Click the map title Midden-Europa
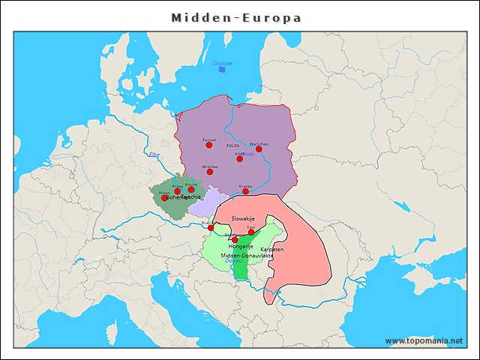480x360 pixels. (x=236, y=17)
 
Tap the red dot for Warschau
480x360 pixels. (x=259, y=148)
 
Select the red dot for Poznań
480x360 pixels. (x=209, y=145)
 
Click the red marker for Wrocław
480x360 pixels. (x=210, y=172)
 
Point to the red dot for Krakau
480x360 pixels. (x=245, y=191)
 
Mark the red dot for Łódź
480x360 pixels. (x=239, y=158)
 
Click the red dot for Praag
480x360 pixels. (x=178, y=190)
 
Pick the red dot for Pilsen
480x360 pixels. (x=164, y=198)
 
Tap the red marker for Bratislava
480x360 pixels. (x=211, y=227)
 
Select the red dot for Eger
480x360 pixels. (x=251, y=232)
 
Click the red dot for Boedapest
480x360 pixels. (x=235, y=239)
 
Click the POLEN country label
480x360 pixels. (x=232, y=145)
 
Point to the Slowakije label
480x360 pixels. (x=244, y=218)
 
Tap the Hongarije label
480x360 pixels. (x=240, y=247)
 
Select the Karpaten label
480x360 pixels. (x=272, y=248)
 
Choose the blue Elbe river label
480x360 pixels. (x=154, y=154)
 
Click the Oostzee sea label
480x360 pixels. (x=223, y=63)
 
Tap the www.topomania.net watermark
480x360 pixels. (x=424, y=341)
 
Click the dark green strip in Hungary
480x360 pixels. (x=240, y=266)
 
